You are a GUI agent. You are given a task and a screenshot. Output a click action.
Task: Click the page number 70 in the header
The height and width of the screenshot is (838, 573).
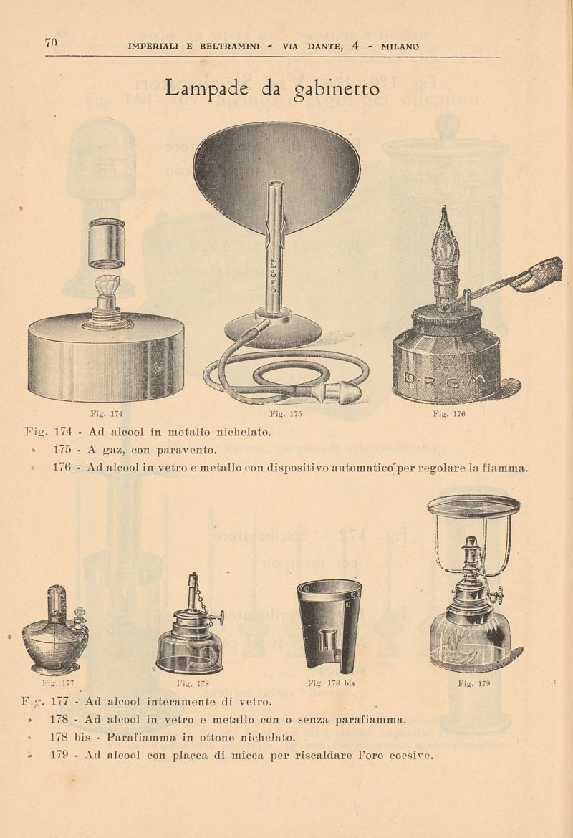[x=52, y=43]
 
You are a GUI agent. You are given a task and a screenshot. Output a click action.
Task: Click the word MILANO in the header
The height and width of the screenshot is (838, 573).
[x=400, y=47]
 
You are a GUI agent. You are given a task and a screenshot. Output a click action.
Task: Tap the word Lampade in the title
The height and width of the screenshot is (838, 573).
[x=206, y=87]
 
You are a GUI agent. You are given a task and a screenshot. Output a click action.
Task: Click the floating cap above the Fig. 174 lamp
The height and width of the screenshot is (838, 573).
[x=107, y=244]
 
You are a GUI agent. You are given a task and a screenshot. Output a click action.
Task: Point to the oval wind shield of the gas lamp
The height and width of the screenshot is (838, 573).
[x=276, y=176]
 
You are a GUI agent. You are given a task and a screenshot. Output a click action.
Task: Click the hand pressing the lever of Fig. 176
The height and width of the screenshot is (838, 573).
[x=537, y=274]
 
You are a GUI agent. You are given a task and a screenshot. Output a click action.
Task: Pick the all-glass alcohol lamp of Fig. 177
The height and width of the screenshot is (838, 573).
[x=55, y=630]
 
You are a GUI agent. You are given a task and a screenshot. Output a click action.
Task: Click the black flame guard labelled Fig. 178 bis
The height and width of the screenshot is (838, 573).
[x=329, y=626]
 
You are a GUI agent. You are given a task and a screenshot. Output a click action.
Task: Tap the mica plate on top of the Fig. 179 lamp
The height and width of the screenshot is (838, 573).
[x=473, y=504]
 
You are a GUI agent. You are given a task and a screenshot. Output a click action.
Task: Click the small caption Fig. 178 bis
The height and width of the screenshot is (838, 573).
[x=332, y=683]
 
